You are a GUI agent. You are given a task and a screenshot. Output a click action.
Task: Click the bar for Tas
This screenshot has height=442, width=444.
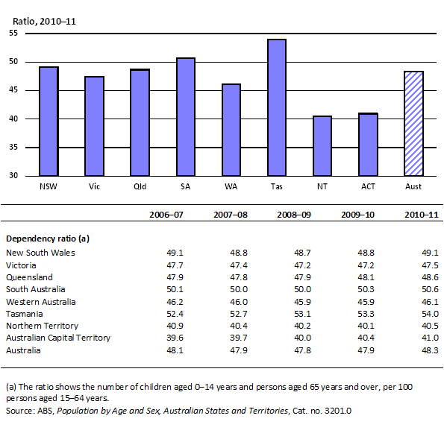[x=277, y=107]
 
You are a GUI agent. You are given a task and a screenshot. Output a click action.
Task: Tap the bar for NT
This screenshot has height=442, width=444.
[x=322, y=146]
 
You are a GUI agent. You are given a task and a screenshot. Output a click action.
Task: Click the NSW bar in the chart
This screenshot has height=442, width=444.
[x=49, y=121]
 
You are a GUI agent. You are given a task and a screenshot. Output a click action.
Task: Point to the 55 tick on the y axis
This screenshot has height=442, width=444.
[x=13, y=34]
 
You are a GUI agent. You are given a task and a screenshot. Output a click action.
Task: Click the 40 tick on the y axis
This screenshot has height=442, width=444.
[x=13, y=119]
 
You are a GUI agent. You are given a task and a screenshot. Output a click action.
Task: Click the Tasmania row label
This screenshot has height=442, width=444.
[x=26, y=314]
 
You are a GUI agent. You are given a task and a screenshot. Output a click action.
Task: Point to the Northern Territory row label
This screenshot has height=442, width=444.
[x=44, y=326]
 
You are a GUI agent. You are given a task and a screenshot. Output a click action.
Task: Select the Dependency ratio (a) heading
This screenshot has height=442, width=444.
[x=48, y=239]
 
